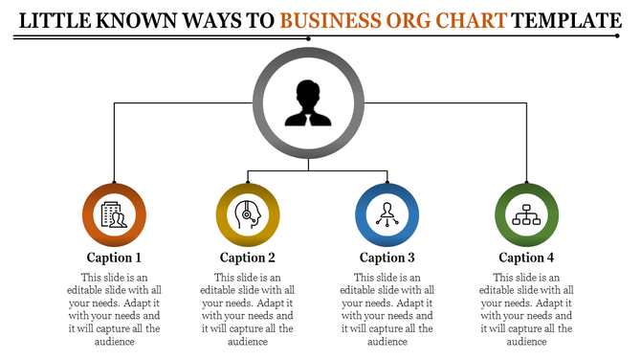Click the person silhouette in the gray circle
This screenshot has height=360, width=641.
[307, 103]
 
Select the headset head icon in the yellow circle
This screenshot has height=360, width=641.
[248, 215]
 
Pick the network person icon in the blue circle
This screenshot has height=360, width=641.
[387, 215]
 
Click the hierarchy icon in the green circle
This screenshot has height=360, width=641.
[526, 215]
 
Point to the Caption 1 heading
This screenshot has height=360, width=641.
[114, 257]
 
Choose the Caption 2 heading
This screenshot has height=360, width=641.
[248, 257]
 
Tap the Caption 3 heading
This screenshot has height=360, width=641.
[387, 257]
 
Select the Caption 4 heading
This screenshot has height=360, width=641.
[526, 257]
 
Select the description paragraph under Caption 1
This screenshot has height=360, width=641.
[114, 308]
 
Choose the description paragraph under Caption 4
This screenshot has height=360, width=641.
[526, 308]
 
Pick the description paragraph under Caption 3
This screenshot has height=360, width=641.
[387, 308]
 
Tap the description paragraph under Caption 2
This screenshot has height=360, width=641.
[248, 308]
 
